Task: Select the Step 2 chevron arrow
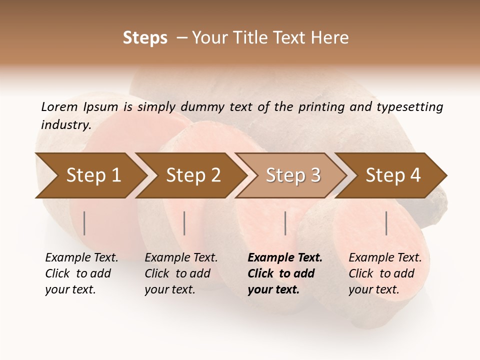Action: pos(193,175)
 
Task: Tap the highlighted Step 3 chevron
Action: pos(293,175)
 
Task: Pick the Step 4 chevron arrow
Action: pos(393,175)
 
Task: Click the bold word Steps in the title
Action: pos(145,38)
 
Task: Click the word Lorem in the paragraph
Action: pos(59,107)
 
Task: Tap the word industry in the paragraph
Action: pos(65,125)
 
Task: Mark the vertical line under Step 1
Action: pos(84,223)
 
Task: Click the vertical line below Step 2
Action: pos(184,223)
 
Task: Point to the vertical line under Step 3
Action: pos(285,223)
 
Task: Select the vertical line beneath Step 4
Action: pos(386,223)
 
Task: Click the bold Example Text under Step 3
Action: pos(285,258)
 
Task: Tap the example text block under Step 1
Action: pos(81,273)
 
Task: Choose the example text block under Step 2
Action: pos(180,273)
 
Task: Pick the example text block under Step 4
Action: pos(384,273)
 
